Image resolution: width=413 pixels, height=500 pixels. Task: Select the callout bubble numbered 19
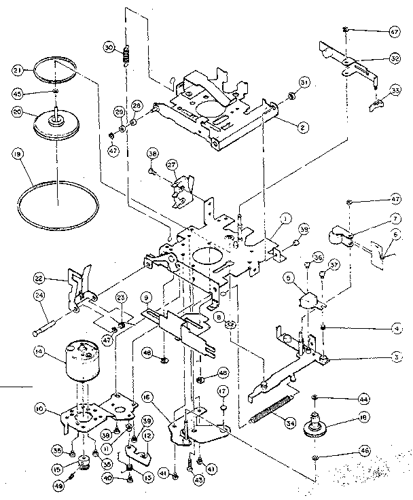click(x=13, y=156)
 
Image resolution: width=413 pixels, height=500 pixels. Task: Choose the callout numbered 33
click(x=393, y=90)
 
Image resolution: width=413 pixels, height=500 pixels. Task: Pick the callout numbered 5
click(x=288, y=277)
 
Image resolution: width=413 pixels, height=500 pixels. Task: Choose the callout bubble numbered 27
click(x=172, y=164)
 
